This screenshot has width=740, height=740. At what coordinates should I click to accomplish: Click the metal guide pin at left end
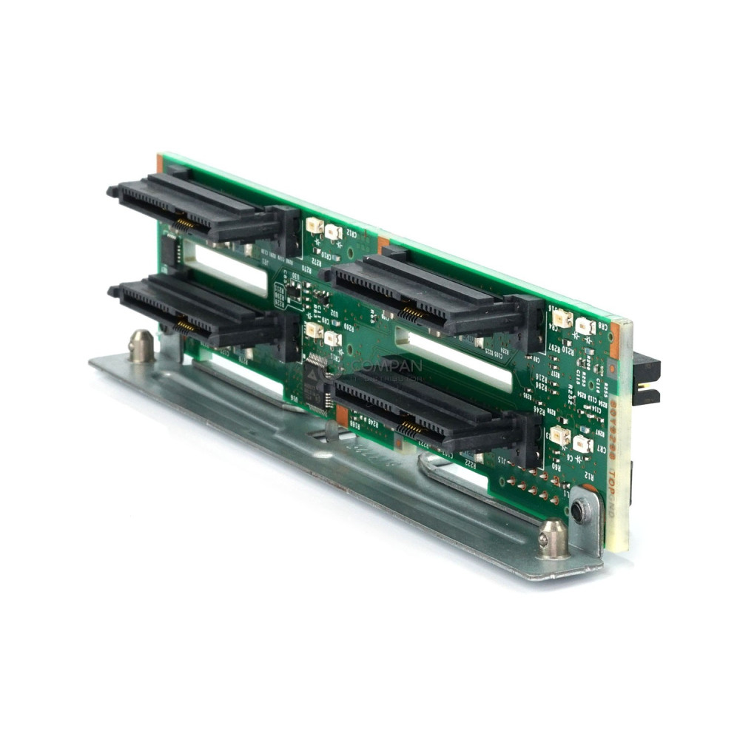pos(141,346)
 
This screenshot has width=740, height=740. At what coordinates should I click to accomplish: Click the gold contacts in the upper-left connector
pos(183,223)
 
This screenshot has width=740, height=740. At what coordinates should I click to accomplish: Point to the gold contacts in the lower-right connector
pos(408,428)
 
